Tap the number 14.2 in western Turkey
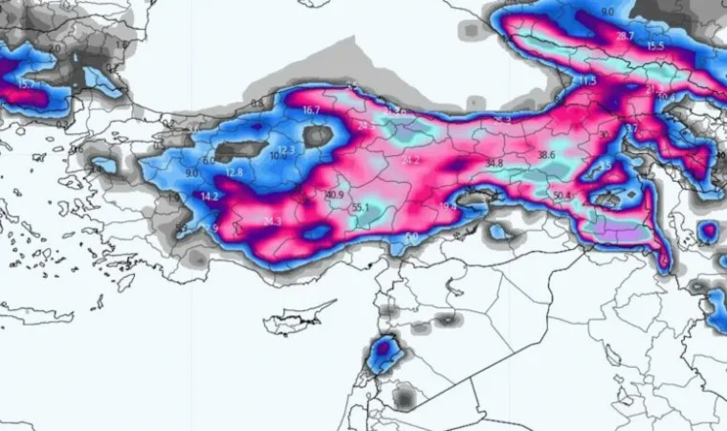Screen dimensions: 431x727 (x=210, y=196)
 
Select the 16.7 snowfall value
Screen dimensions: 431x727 (x=311, y=110)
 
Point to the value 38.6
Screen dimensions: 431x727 (x=546, y=154)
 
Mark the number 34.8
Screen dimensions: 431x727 (x=494, y=164)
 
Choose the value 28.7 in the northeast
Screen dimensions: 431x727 (x=625, y=36)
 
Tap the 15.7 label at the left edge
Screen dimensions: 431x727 (x=26, y=84)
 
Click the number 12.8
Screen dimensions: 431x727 (x=235, y=172)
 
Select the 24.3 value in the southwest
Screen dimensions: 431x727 (x=272, y=221)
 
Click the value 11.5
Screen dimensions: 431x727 (x=587, y=81)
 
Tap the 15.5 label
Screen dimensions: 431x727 (x=655, y=46)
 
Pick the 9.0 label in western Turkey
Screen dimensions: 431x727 (x=191, y=173)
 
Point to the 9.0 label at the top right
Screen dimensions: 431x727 (x=608, y=11)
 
